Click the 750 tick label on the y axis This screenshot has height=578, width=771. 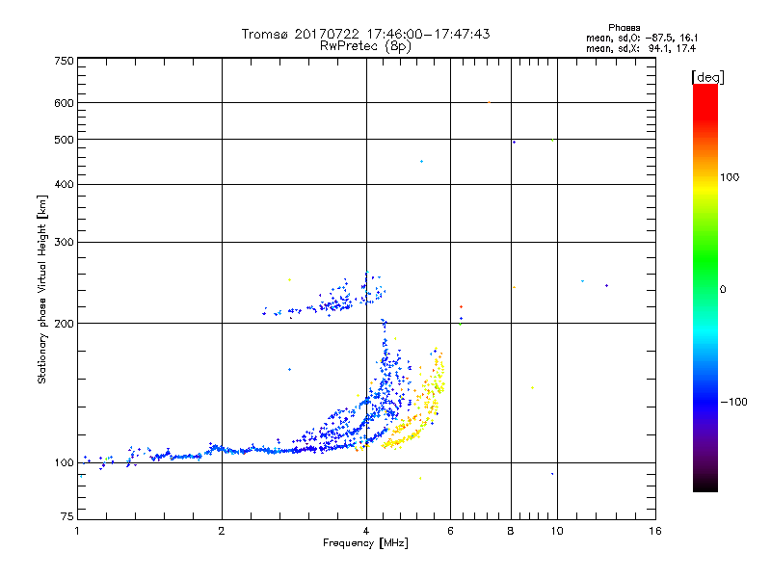[x=64, y=61]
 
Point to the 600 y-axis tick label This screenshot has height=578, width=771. [x=64, y=103]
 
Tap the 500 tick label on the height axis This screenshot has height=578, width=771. [x=64, y=140]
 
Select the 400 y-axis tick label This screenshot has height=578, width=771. [x=64, y=184]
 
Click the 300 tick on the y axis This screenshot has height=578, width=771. [x=64, y=242]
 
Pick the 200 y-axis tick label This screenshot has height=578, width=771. [x=64, y=324]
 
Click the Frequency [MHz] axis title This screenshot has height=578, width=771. [x=365, y=544]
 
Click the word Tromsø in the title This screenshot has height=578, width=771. [x=266, y=34]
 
